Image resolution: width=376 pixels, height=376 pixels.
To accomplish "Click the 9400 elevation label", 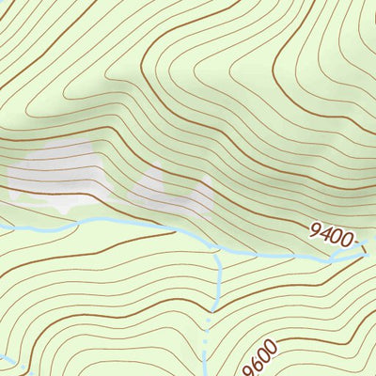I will pyautogui.click(x=331, y=231).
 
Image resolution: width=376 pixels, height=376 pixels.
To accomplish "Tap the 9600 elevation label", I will pyautogui.click(x=262, y=357).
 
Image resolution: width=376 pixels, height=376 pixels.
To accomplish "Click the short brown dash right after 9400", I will pyautogui.click(x=358, y=243).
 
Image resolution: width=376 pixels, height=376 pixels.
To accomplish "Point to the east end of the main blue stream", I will pyautogui.click(x=362, y=252).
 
